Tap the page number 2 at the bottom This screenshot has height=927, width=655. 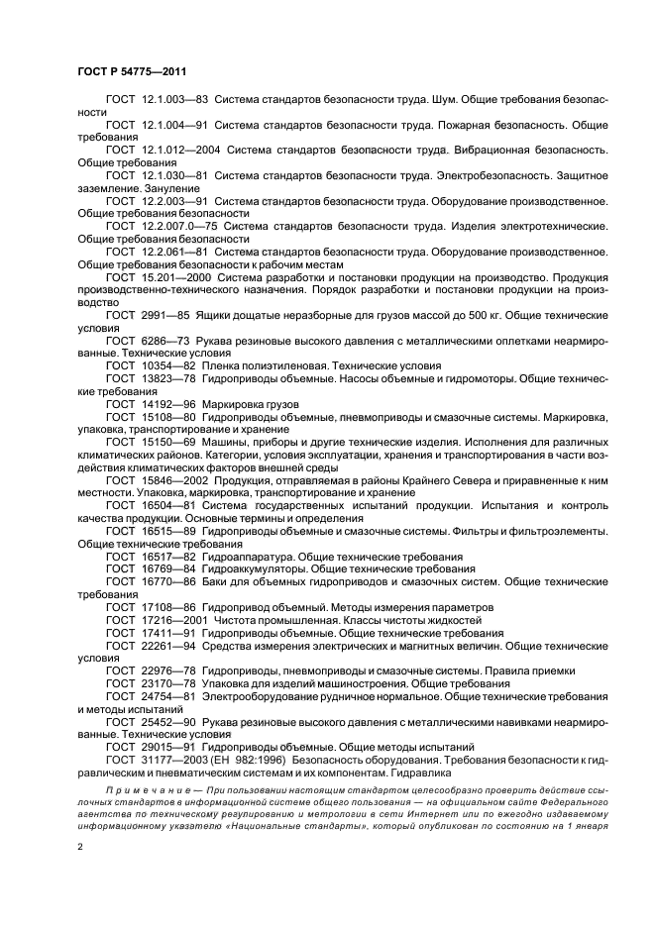point(78,848)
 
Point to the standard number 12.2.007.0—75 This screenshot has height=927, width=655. point(180,226)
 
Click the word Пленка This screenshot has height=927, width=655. point(227,365)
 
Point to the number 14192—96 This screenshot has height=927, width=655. point(167,405)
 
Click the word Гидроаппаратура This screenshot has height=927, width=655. point(258,558)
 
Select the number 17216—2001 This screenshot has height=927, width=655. point(174,620)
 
